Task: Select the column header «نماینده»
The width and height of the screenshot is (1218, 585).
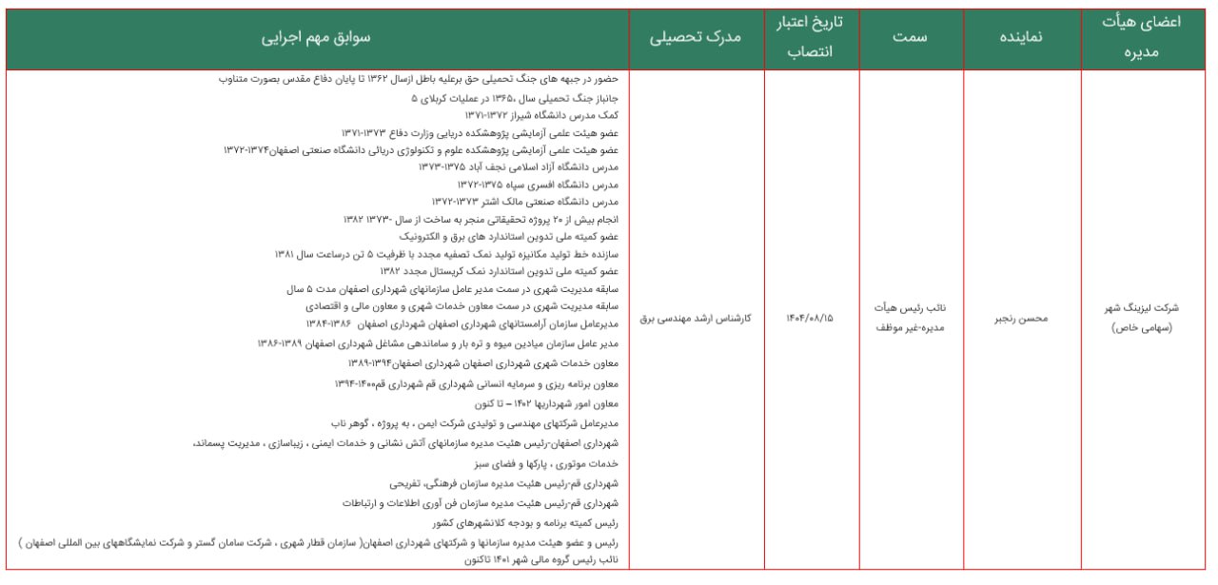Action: point(1021,38)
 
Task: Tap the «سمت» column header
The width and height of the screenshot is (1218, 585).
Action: point(910,38)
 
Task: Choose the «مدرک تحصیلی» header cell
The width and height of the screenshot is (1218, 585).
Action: point(696,38)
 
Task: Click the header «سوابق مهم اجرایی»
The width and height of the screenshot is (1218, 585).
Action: point(318,38)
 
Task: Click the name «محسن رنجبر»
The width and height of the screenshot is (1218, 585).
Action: point(1021,319)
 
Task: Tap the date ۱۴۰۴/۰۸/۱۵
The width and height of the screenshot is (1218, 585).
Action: point(809,319)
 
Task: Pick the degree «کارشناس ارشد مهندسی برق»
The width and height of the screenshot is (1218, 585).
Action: point(696,319)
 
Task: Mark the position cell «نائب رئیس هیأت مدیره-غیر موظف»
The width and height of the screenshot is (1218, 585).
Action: point(911,319)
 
